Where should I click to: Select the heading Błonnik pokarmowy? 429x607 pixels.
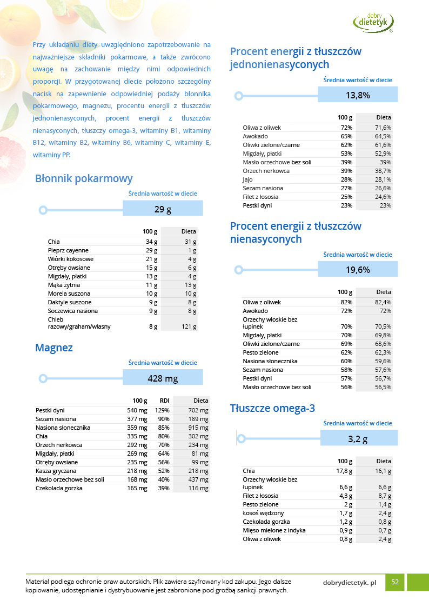click(x=84, y=179)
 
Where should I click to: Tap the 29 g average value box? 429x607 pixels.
click(x=163, y=209)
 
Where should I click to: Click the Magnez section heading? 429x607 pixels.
click(x=54, y=348)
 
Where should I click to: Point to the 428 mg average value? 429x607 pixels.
click(x=163, y=378)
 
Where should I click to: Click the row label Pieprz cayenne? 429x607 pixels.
click(x=68, y=250)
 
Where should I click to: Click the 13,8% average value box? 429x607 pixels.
click(x=358, y=95)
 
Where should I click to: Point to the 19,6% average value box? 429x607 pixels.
click(x=358, y=270)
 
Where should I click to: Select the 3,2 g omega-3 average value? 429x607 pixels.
click(x=358, y=439)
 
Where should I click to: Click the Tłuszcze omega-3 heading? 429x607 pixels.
click(x=272, y=408)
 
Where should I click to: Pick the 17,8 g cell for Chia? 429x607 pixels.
click(x=344, y=471)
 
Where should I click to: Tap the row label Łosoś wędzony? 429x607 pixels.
click(x=263, y=513)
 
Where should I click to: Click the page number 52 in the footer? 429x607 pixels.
click(x=395, y=582)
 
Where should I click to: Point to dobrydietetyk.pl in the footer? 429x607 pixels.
click(x=349, y=582)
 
